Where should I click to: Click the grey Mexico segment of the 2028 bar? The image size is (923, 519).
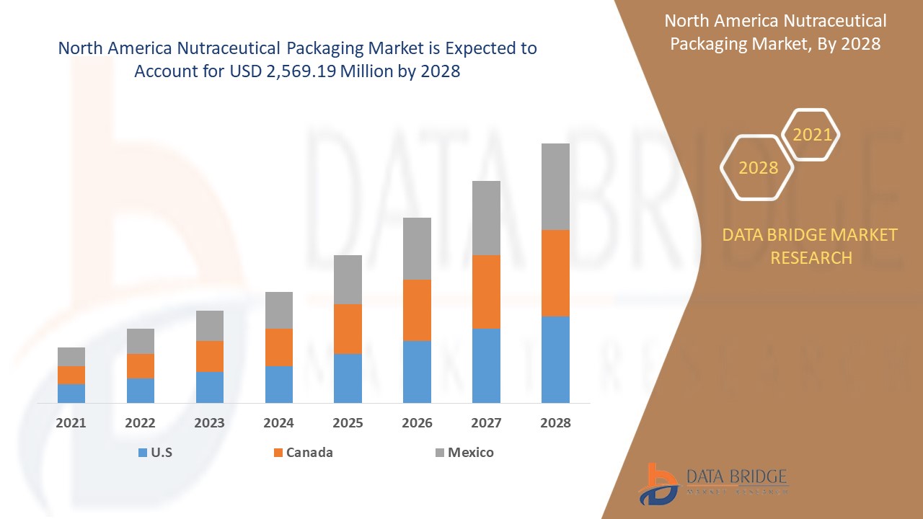[555, 186]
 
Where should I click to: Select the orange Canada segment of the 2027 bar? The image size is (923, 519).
[486, 291]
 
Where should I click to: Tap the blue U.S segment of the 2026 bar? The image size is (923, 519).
[417, 371]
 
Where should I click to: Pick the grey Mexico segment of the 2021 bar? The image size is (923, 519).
[71, 356]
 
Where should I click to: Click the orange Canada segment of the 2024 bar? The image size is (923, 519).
[279, 347]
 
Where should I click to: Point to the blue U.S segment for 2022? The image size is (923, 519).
[141, 390]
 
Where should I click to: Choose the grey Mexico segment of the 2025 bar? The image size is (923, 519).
[348, 279]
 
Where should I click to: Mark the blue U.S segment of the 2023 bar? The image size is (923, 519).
[210, 387]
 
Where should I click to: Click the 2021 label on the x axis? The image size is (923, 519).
[71, 423]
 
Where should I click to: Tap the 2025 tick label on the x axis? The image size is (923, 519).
[348, 423]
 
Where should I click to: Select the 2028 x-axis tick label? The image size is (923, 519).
[555, 423]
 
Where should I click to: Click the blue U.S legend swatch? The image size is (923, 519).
[142, 453]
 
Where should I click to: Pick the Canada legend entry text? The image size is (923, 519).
[309, 453]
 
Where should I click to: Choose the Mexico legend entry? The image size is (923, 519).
[470, 453]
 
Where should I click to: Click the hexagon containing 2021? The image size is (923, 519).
[812, 135]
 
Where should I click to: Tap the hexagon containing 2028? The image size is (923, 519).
[758, 167]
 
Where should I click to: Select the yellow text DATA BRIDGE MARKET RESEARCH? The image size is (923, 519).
[810, 246]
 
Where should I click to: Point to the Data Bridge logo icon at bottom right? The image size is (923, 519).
[658, 484]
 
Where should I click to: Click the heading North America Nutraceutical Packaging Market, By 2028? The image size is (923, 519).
[775, 32]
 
